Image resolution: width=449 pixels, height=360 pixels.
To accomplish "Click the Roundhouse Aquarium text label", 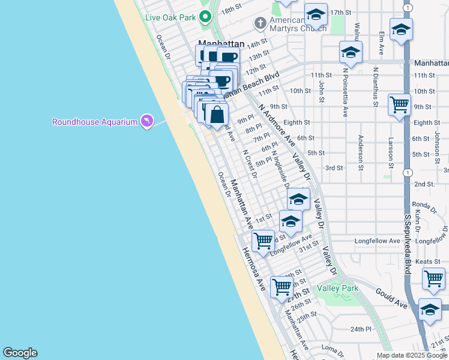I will [95, 122].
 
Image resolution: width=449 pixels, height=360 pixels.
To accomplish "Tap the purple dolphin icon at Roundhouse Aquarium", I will [146, 122].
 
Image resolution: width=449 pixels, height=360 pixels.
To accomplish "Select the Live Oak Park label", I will [170, 17].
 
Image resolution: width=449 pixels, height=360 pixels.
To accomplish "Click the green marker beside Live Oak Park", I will [205, 17].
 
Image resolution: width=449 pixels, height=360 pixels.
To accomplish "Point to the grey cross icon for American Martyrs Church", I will [260, 24].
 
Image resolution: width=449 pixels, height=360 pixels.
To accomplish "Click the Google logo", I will [20, 353].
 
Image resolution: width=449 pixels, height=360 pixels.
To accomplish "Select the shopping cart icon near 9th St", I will [399, 106].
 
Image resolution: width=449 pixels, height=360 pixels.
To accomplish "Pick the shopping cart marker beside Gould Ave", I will [433, 279].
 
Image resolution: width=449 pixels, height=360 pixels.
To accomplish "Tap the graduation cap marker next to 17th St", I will [316, 14].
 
